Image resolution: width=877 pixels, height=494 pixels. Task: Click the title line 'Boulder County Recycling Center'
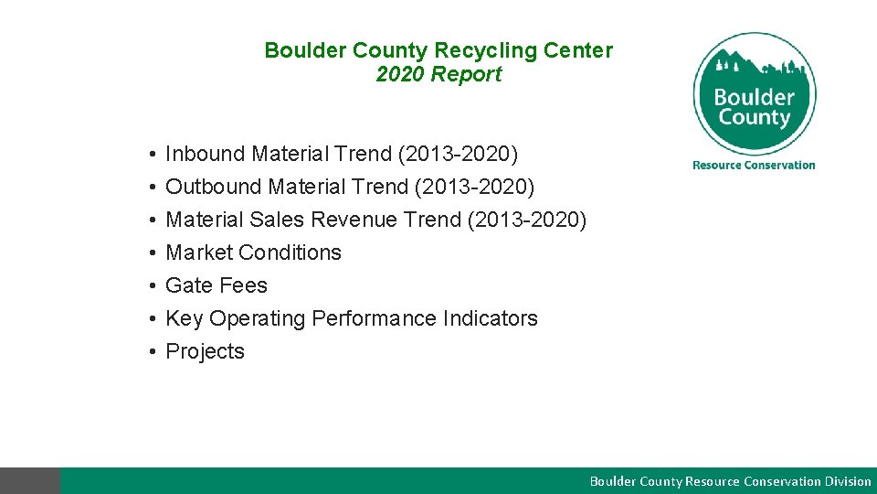pyautogui.click(x=438, y=50)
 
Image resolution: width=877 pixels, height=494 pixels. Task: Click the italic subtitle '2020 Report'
pyautogui.click(x=438, y=74)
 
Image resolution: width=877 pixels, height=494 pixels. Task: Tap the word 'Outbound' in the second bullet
pyautogui.click(x=214, y=187)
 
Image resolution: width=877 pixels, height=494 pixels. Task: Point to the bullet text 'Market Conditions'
pyautogui.click(x=253, y=252)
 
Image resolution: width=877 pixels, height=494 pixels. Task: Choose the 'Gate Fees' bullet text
pyautogui.click(x=217, y=285)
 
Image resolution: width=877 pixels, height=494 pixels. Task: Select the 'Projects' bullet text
pyautogui.click(x=205, y=351)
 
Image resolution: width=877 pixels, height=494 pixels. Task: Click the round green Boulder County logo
pyautogui.click(x=754, y=93)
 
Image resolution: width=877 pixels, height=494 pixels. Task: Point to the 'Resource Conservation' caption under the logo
pyautogui.click(x=754, y=165)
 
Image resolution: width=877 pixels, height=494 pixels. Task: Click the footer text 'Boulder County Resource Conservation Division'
pyautogui.click(x=730, y=481)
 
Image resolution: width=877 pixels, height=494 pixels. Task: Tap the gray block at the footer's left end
pyautogui.click(x=30, y=481)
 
